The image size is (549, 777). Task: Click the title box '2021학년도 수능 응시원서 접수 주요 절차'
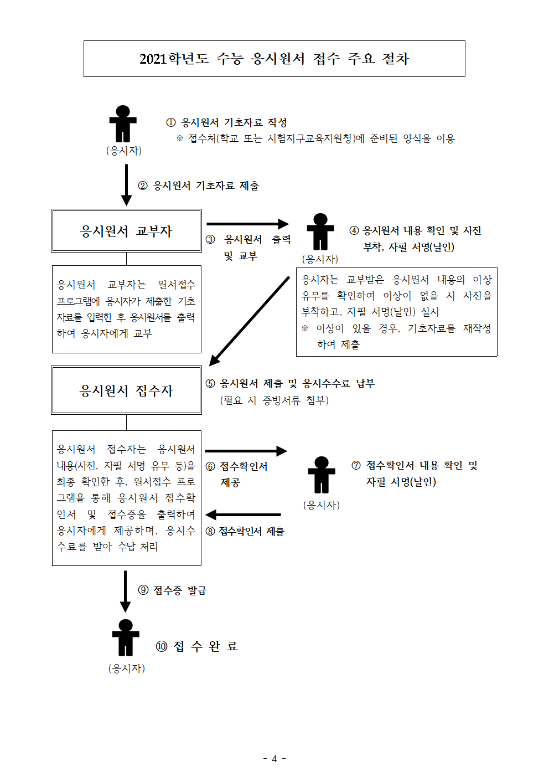[x=274, y=59]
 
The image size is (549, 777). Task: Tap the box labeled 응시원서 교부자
[x=126, y=231]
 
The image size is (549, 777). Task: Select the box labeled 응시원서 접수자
[x=126, y=390]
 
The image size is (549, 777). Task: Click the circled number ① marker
[x=171, y=122]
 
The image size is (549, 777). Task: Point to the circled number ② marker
[x=143, y=186]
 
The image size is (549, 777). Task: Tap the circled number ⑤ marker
[x=210, y=383]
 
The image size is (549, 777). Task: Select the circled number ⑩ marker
[x=162, y=646]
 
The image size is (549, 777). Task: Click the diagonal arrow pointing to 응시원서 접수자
[x=249, y=321]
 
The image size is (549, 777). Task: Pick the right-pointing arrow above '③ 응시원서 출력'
[x=248, y=224]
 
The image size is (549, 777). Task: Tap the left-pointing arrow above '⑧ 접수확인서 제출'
[x=243, y=514]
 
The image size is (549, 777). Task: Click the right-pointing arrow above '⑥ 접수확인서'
[x=246, y=451]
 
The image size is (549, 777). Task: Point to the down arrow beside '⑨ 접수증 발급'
[x=125, y=591]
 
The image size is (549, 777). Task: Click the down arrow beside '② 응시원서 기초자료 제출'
[x=126, y=185]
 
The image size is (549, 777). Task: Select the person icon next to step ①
[x=123, y=124]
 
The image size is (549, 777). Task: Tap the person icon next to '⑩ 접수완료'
[x=126, y=637]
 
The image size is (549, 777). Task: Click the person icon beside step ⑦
[x=322, y=475]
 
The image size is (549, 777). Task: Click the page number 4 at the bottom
[x=274, y=759]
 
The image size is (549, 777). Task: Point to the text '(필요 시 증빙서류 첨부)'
[x=274, y=400]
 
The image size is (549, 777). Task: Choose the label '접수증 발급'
[x=180, y=590]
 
